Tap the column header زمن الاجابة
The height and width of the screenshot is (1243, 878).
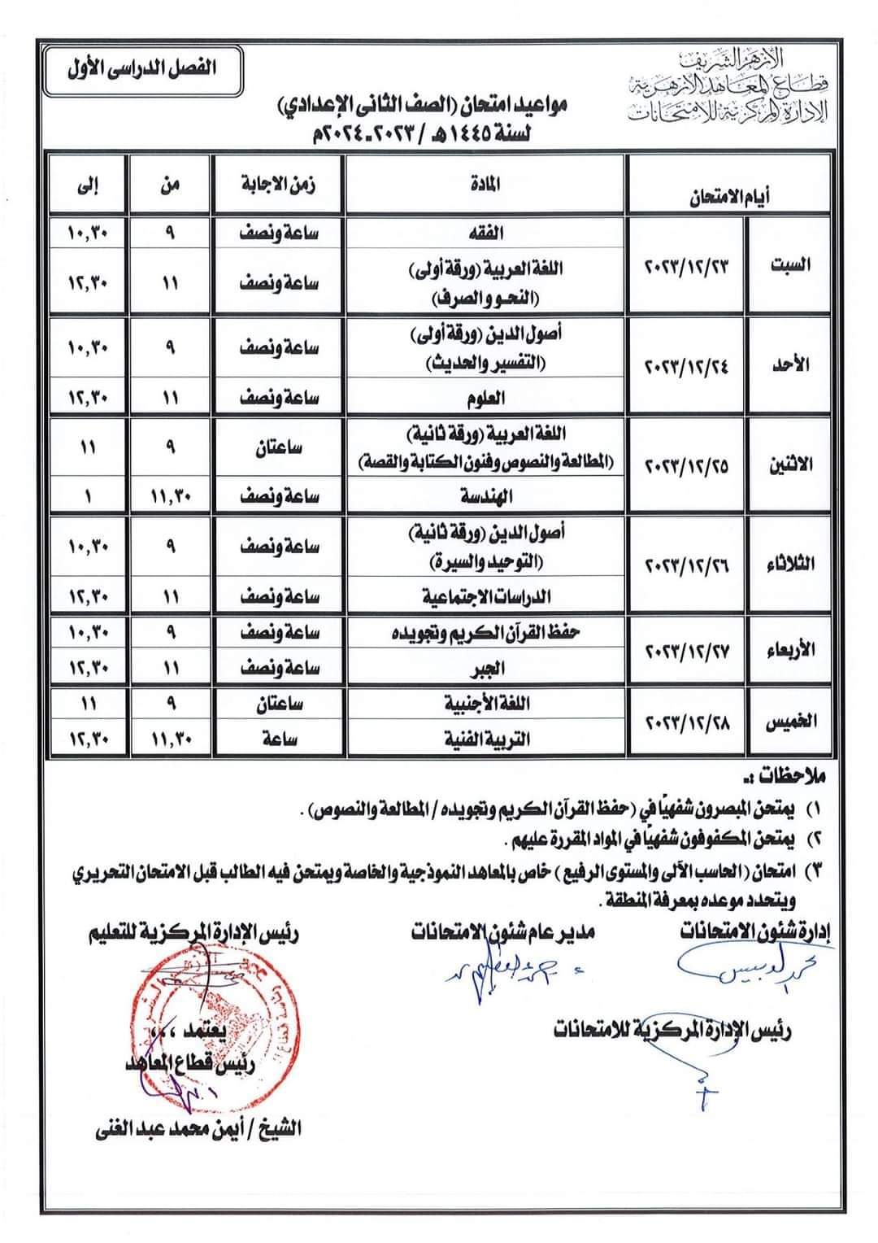(278, 185)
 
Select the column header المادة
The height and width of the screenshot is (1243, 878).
(485, 185)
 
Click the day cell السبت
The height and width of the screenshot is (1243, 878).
(789, 265)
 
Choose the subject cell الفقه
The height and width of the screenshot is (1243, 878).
(485, 233)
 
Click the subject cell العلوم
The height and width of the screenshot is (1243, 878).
(485, 398)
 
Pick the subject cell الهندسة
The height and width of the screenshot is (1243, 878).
(485, 495)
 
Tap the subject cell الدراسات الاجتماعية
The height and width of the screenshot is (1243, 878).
(485, 596)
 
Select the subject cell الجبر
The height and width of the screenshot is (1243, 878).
(485, 669)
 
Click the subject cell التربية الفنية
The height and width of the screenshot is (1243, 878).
(485, 739)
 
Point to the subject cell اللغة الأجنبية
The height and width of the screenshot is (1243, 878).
(485, 704)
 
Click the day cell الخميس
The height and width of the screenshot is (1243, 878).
(789, 722)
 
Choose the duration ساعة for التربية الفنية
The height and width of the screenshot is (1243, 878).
(278, 739)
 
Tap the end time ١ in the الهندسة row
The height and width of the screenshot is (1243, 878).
(88, 495)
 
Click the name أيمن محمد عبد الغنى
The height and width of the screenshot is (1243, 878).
(195, 1128)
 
